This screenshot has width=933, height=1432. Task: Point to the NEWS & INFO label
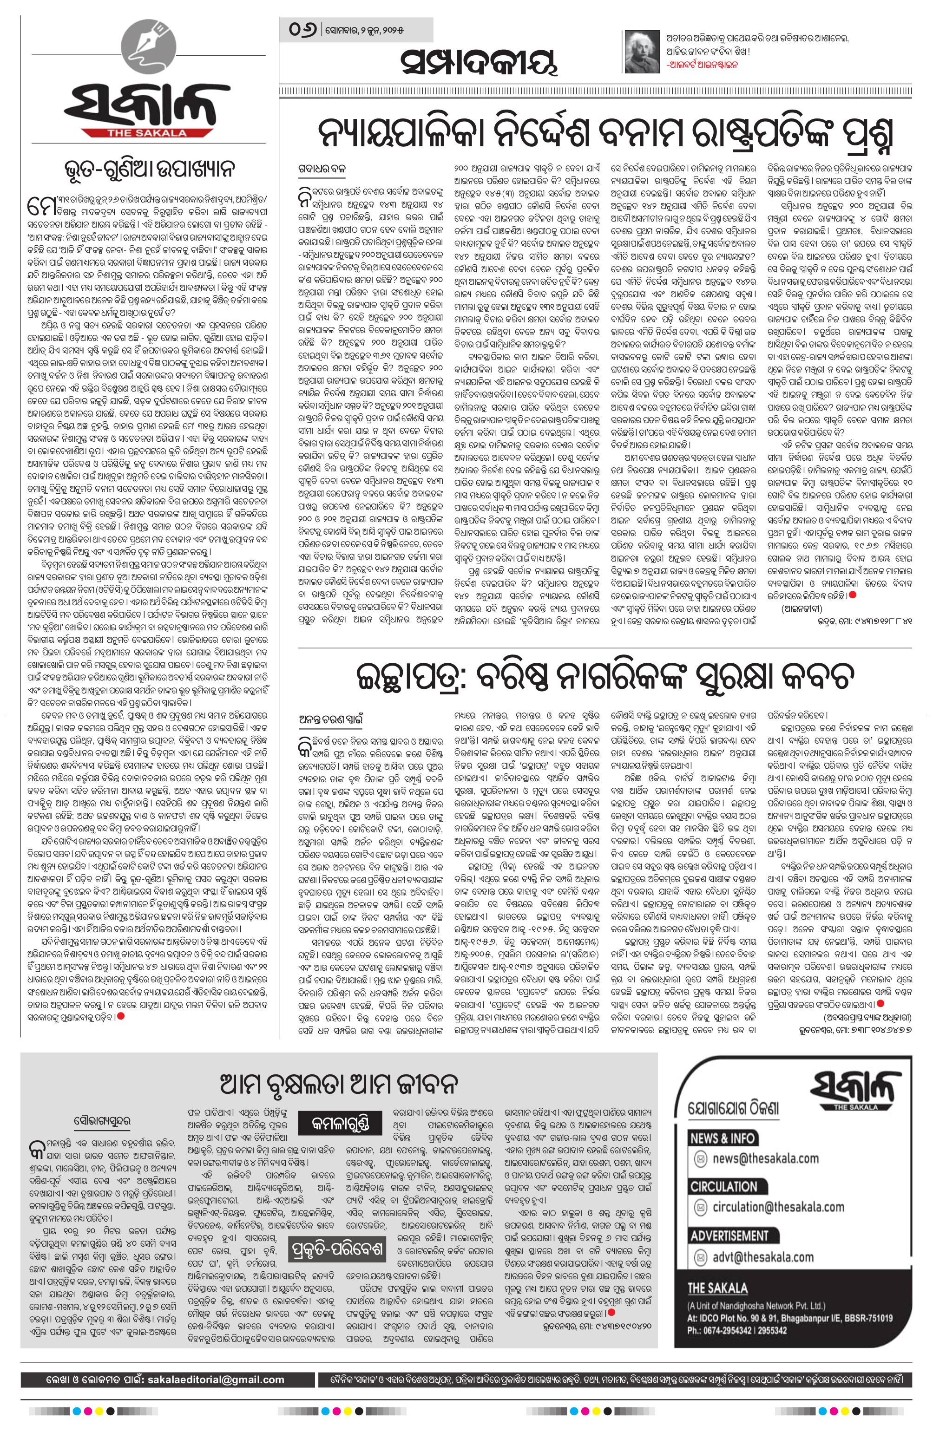point(723,1138)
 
